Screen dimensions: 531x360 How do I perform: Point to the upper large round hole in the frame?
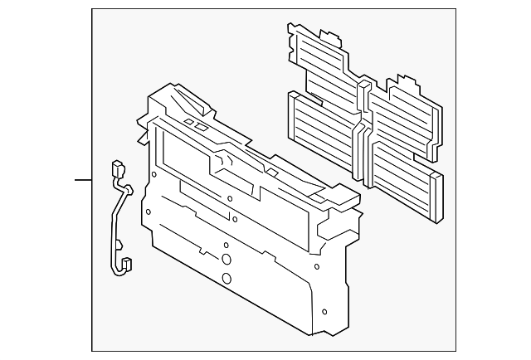coord(227,258)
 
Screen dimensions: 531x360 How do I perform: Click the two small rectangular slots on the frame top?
coord(197,124)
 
